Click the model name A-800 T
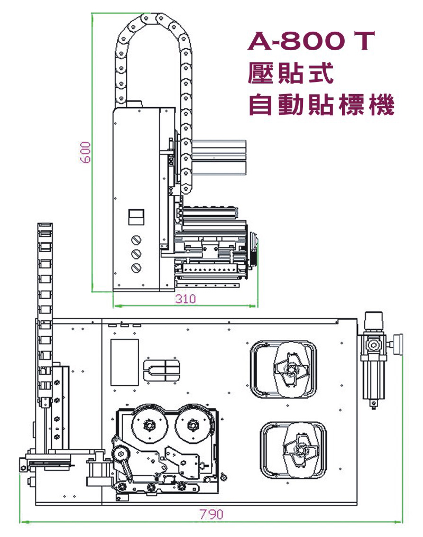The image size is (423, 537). (311, 42)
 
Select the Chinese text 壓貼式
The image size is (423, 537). (290, 73)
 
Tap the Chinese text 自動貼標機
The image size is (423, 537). (321, 105)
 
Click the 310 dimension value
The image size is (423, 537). (185, 299)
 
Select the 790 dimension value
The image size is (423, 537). (211, 514)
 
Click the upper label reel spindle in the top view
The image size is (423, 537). (289, 368)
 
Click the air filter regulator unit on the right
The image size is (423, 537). (373, 359)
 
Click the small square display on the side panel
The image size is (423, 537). (136, 216)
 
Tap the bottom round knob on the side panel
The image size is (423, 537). (136, 267)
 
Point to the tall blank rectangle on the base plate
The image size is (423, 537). (124, 362)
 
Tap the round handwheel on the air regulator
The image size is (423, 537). (398, 344)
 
